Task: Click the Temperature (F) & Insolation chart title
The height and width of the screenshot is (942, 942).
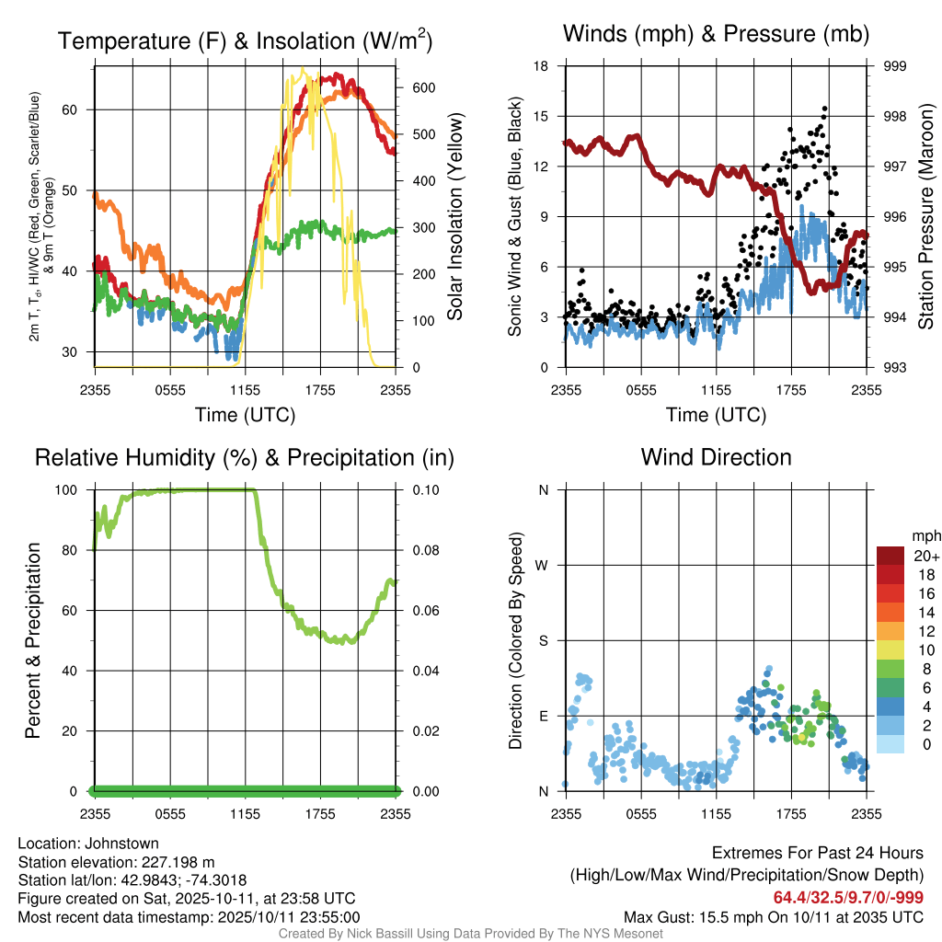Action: click(245, 40)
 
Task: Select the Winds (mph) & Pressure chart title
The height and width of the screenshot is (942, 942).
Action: click(716, 34)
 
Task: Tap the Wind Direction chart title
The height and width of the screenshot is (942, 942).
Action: click(716, 457)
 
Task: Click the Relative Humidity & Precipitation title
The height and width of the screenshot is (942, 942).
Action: click(245, 457)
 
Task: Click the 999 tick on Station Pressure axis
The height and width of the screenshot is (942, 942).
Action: click(895, 66)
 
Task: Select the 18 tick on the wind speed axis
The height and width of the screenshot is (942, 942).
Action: click(543, 66)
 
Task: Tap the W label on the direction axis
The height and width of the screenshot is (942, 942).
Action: click(543, 565)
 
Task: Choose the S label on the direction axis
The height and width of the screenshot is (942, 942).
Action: click(543, 640)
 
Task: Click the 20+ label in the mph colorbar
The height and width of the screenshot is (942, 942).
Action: click(924, 556)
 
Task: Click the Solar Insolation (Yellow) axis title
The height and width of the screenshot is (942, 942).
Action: click(454, 217)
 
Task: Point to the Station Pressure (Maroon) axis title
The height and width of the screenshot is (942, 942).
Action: click(926, 217)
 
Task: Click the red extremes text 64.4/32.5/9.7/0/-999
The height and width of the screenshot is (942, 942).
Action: click(848, 898)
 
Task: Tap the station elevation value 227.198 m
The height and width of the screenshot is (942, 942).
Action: click(178, 862)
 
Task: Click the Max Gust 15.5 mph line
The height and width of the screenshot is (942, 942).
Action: click(774, 916)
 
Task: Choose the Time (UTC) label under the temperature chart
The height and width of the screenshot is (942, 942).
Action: click(245, 415)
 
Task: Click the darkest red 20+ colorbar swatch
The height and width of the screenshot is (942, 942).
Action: click(890, 556)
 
